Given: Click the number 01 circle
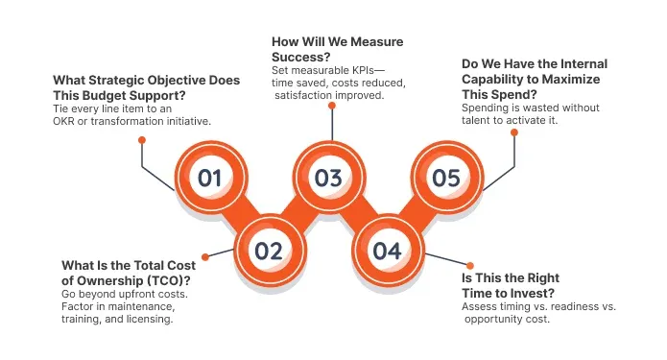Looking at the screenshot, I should (x=210, y=177).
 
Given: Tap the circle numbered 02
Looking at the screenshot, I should (x=269, y=251).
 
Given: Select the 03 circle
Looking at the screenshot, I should (x=328, y=177).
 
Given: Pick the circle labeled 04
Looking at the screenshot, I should (x=387, y=251).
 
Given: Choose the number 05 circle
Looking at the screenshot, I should (x=446, y=177).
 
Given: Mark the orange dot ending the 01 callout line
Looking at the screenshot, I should (x=142, y=139).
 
